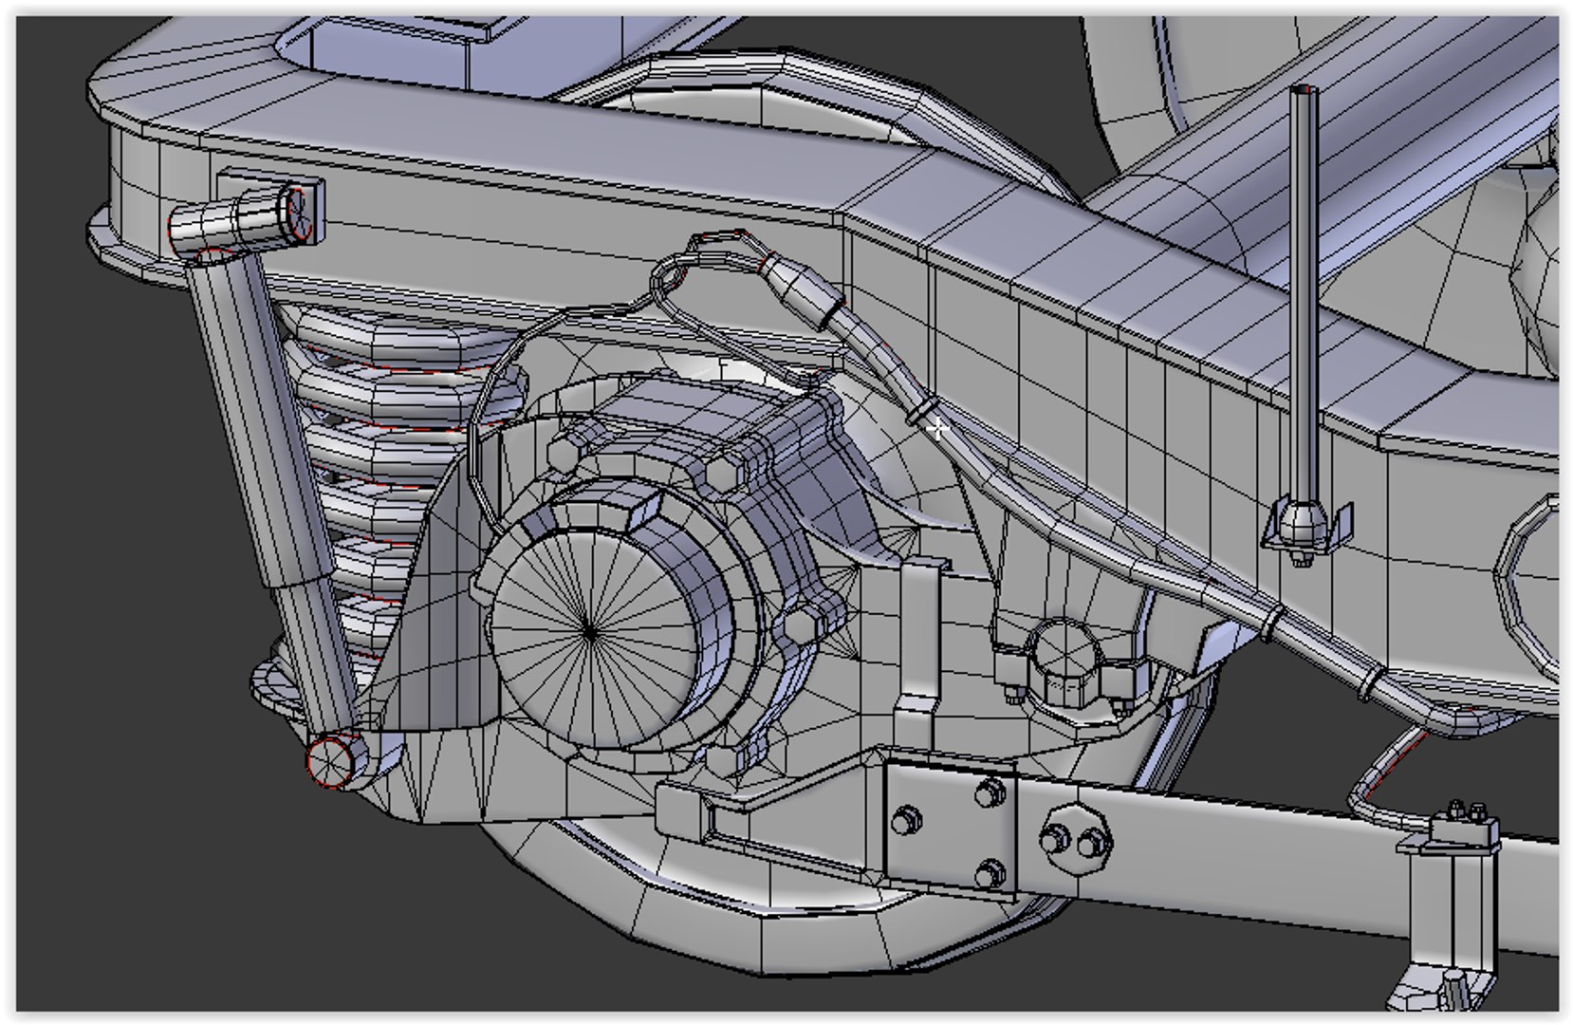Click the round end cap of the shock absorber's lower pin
coord(328,760)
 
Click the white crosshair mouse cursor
coord(936,429)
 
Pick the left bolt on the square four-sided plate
coord(907,817)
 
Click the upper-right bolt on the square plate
coord(990,791)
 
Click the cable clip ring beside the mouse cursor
coord(917,414)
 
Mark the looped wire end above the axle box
coord(668,275)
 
